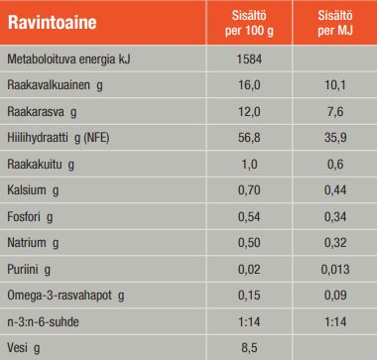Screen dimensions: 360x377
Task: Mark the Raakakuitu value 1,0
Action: (249, 165)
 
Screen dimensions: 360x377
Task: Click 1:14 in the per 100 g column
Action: (249, 321)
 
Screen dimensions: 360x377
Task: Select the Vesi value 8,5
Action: (249, 347)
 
